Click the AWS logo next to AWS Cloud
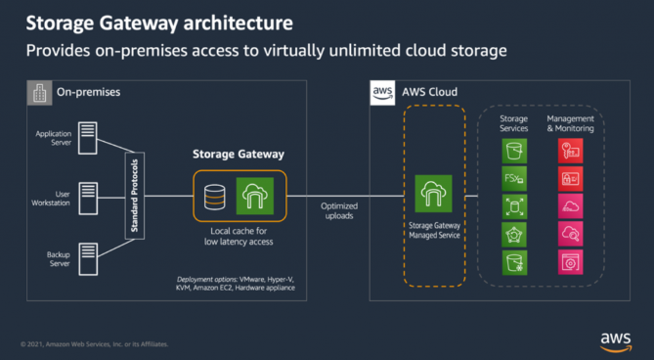coord(382,93)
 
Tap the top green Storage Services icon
coord(514,151)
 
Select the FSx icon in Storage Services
coord(514,179)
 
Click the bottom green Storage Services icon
coord(514,262)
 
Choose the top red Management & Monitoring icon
coord(570,151)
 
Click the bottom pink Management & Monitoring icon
coord(570,262)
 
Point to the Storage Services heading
coord(514,123)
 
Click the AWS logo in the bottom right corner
coord(616,339)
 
